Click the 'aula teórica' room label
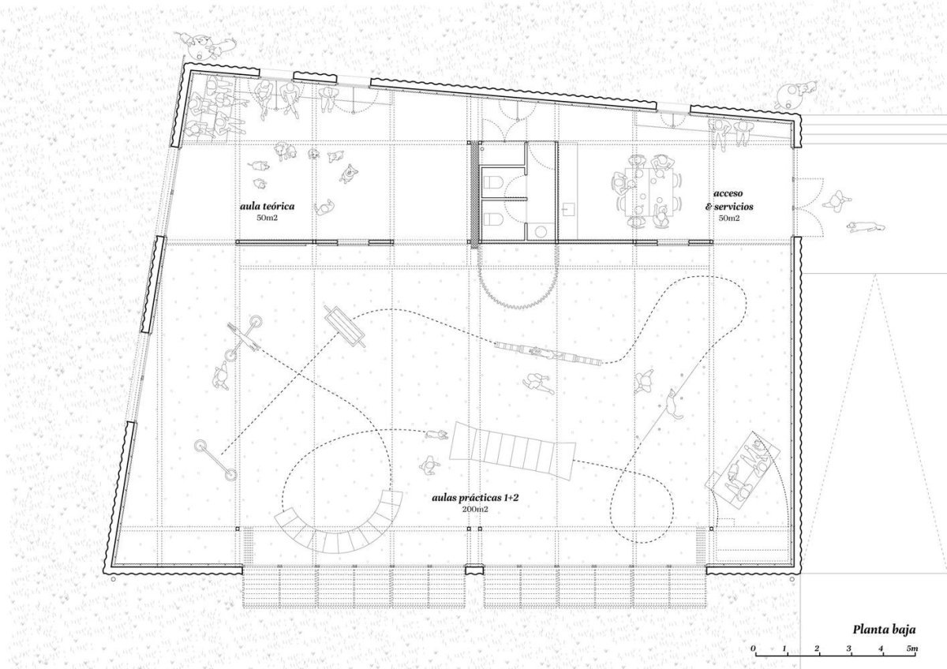click(267, 206)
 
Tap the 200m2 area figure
click(475, 510)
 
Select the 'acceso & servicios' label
click(729, 200)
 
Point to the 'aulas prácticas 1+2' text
click(475, 498)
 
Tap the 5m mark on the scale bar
click(913, 648)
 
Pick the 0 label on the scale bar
click(754, 648)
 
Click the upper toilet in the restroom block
click(492, 182)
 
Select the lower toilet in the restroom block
click(492, 219)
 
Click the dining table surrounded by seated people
click(647, 192)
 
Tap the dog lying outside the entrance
click(866, 227)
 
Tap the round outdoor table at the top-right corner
click(790, 95)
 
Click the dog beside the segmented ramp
click(436, 435)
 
